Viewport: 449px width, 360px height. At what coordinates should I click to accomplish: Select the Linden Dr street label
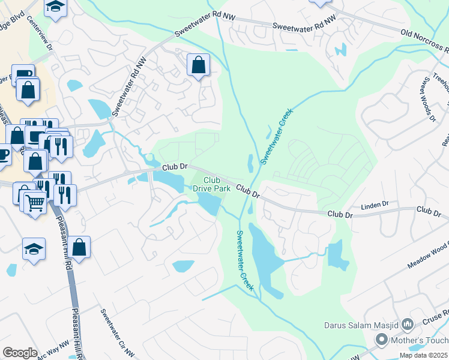point(375,206)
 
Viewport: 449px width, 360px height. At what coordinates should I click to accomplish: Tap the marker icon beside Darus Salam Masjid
point(408,325)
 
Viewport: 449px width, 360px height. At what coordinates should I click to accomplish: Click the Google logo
point(20,352)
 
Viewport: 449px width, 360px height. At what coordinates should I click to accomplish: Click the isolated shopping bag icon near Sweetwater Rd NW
point(198,64)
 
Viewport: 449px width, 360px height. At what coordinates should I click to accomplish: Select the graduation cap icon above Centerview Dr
point(56,7)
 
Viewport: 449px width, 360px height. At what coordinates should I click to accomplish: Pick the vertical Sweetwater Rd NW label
point(127,89)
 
